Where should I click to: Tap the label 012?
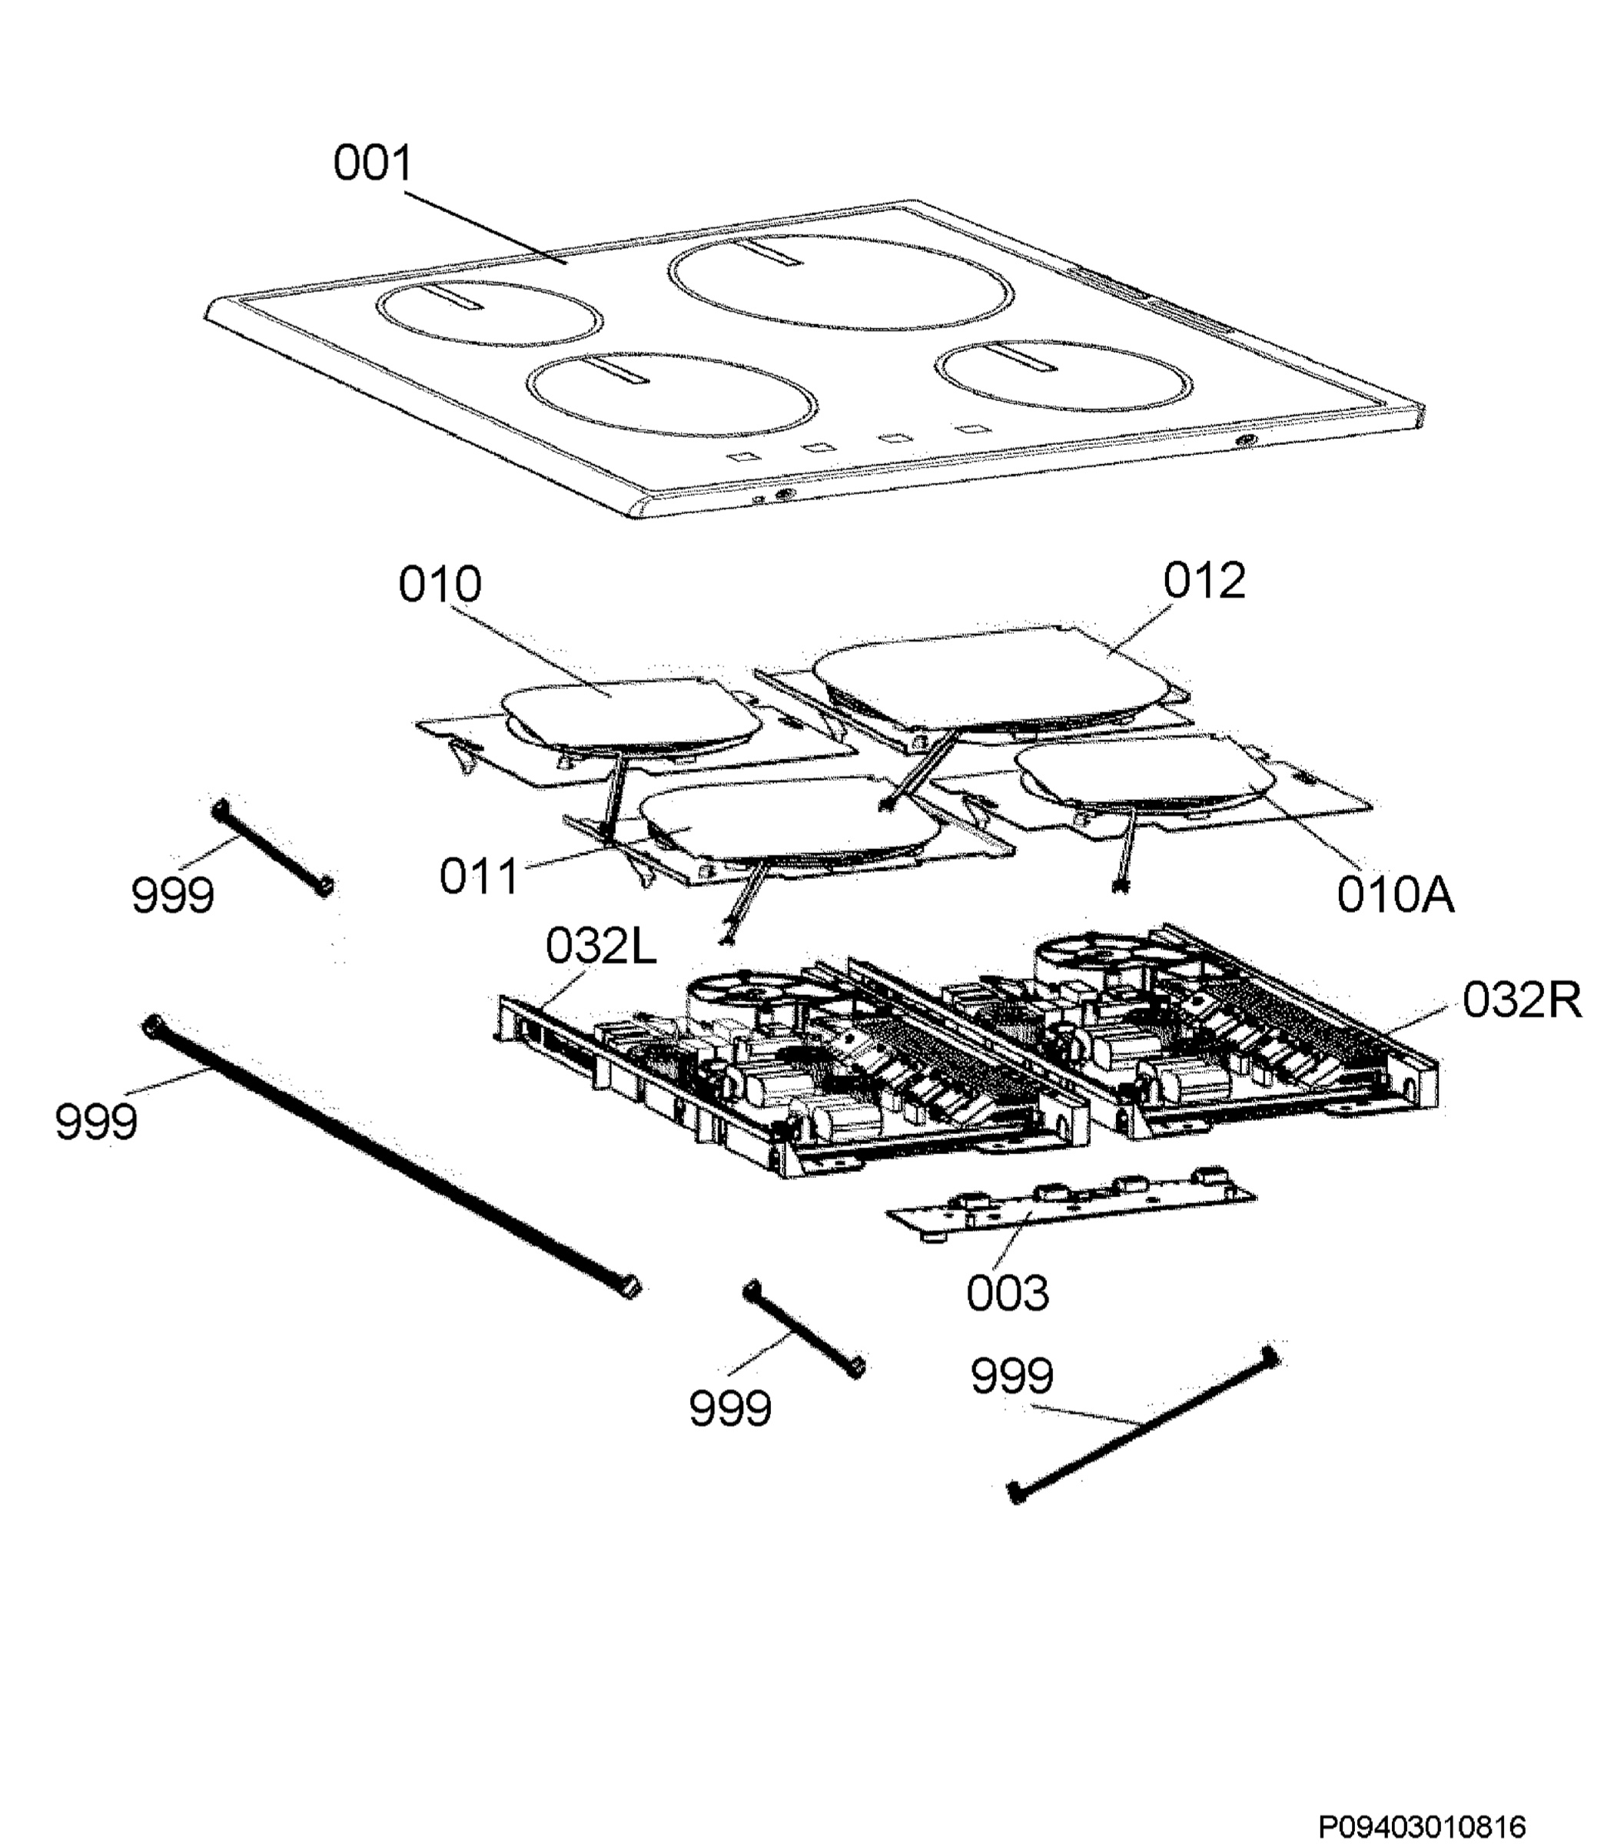1204,581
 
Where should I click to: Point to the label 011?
479,876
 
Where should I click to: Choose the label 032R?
1522,1000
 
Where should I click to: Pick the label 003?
1007,1293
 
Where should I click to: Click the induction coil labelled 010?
631,713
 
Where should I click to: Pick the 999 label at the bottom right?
1011,1376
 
